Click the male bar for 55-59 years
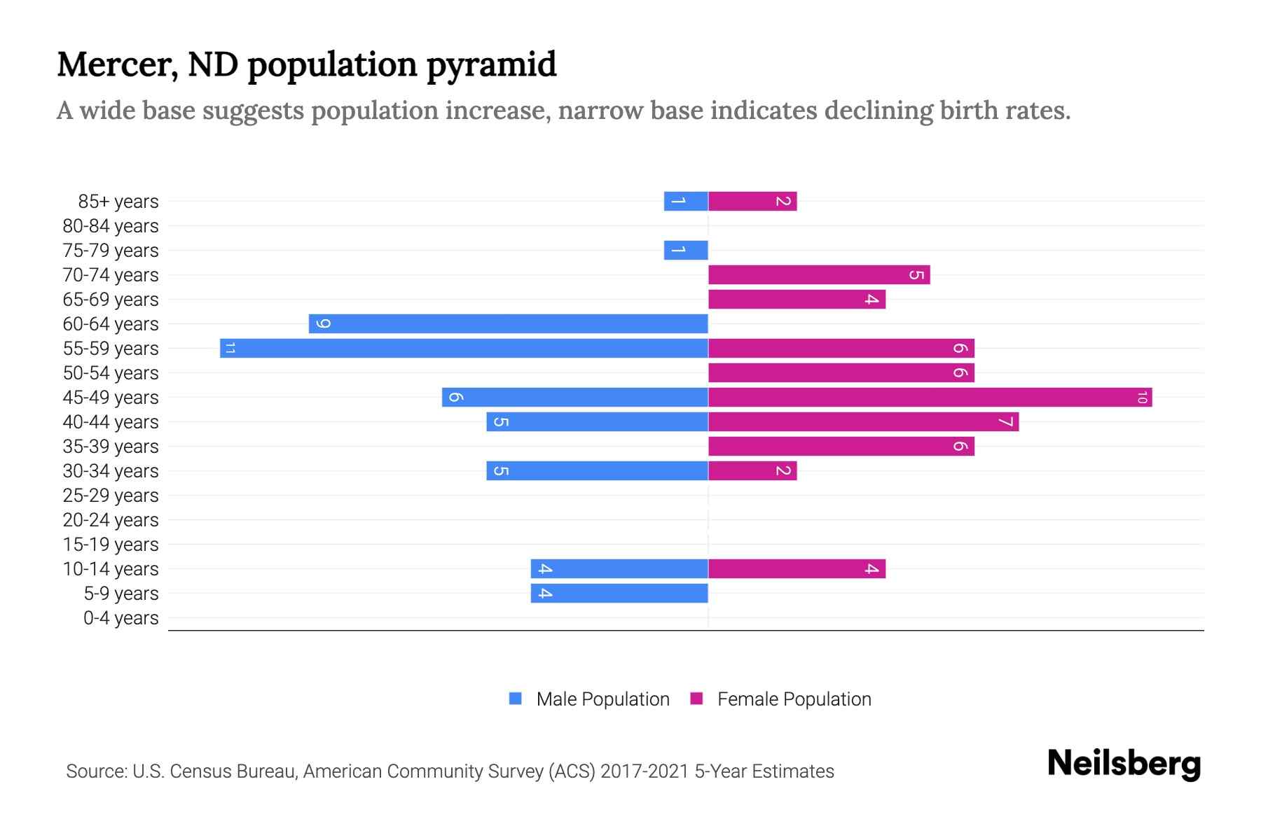point(464,348)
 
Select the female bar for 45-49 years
point(930,398)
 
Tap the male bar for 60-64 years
point(508,323)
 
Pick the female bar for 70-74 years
point(818,275)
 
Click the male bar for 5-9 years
point(619,594)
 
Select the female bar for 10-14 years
point(797,569)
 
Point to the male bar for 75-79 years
point(686,250)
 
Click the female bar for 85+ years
point(752,202)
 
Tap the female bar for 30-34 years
point(752,471)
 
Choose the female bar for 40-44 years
point(863,422)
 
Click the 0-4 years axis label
point(120,618)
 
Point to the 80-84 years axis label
point(111,226)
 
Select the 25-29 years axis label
point(111,496)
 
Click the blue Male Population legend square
point(516,699)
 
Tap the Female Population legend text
point(794,699)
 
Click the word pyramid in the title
point(491,64)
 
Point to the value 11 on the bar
point(230,349)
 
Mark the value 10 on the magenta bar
point(1142,398)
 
